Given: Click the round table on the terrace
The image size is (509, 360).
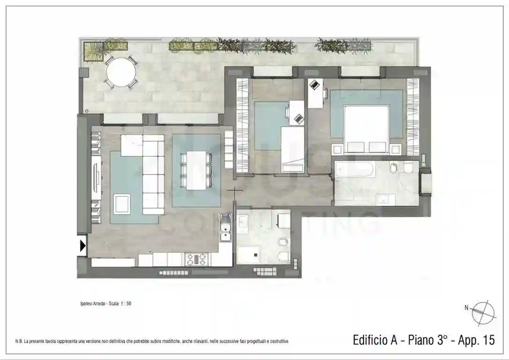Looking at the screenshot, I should [121, 72].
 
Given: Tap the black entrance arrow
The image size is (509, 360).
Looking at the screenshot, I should [83, 246].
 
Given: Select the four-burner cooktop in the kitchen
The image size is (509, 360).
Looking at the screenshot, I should [197, 258].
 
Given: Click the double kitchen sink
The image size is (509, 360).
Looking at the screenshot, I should [226, 228].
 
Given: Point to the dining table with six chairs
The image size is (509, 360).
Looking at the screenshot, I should [196, 170].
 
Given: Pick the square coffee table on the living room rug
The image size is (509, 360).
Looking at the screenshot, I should [122, 203].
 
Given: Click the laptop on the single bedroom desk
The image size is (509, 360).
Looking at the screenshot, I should [298, 119].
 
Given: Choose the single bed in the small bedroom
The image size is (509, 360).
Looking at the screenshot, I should [292, 149].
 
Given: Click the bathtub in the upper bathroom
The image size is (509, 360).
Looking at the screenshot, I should [354, 169].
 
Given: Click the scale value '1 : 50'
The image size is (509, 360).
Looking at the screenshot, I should [125, 303].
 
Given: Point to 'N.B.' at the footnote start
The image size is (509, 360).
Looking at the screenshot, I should [19, 341].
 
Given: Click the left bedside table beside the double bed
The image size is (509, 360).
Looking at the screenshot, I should [337, 150].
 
